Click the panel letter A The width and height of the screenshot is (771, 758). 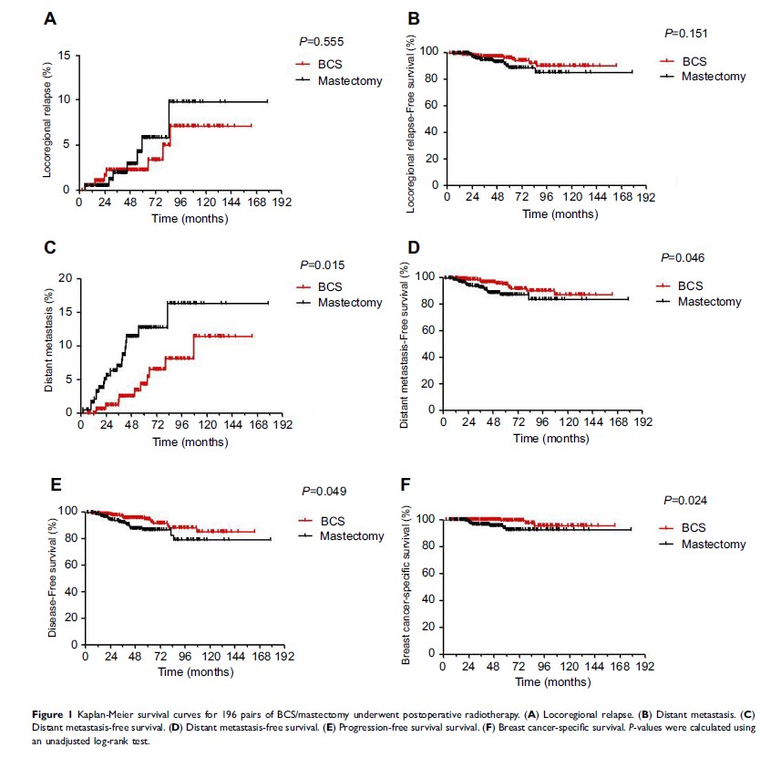(51, 17)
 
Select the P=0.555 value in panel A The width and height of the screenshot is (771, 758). (321, 42)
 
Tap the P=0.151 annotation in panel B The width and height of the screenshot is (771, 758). (686, 34)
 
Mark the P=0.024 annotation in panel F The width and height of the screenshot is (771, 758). (685, 501)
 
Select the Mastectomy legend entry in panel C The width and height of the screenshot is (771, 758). (351, 303)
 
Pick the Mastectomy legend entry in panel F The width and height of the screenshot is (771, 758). (713, 545)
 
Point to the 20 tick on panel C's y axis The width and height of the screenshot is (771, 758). (63, 277)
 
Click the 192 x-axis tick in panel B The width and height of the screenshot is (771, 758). (645, 196)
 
